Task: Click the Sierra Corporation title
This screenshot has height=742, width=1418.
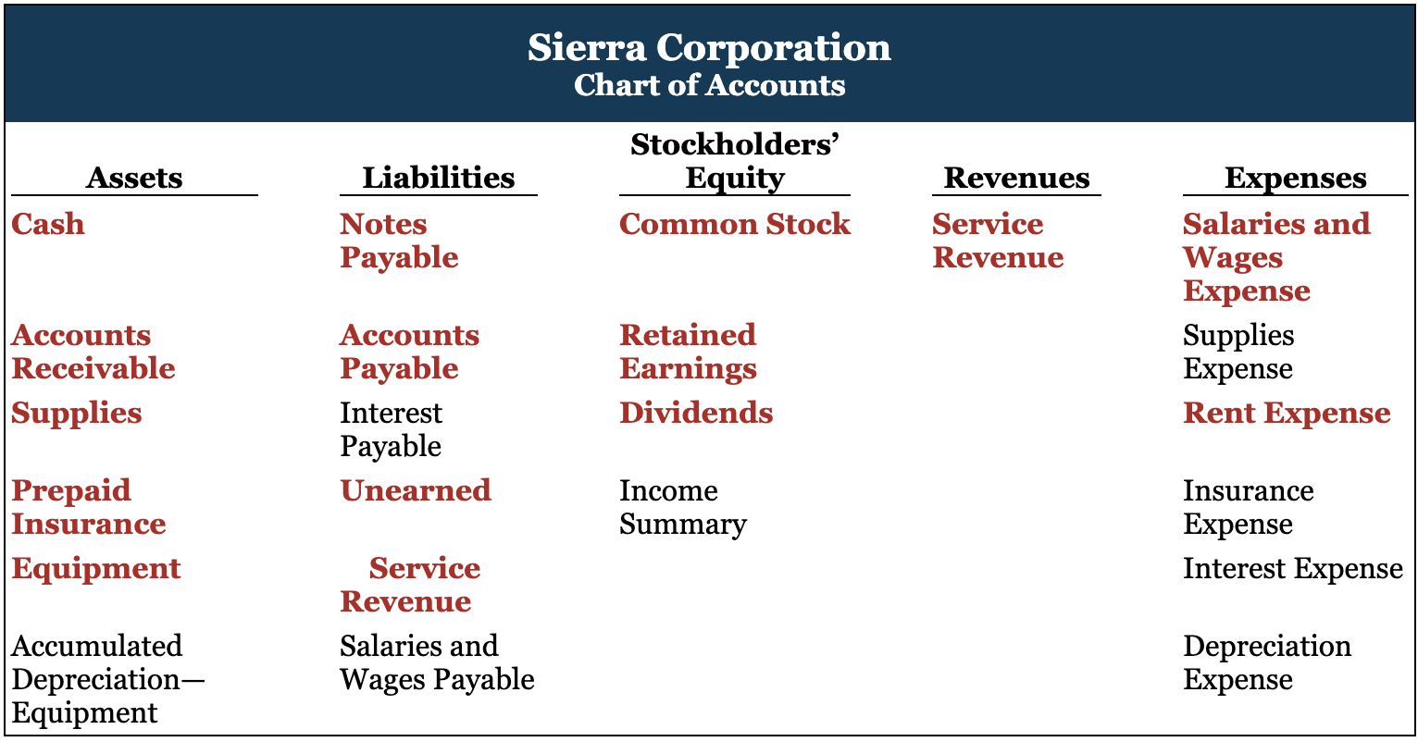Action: click(x=709, y=47)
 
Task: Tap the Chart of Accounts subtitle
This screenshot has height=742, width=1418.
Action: click(x=709, y=85)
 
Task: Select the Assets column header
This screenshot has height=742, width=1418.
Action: click(x=134, y=178)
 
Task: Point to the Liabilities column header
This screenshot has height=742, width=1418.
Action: click(x=438, y=178)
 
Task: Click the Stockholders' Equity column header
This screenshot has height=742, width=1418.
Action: click(x=734, y=161)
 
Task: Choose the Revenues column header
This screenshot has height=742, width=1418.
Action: click(x=1016, y=178)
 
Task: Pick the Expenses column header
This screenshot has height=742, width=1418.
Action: click(x=1295, y=179)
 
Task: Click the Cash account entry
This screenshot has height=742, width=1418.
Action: click(x=48, y=224)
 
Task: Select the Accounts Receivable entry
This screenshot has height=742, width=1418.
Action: click(x=93, y=352)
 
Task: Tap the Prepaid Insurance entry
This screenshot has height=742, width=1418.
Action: click(x=89, y=507)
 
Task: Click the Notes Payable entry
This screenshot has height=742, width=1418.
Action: click(x=399, y=241)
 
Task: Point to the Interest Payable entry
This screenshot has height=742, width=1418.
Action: click(x=391, y=429)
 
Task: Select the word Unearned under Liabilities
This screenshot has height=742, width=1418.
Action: click(x=416, y=491)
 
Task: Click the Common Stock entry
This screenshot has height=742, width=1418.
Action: click(x=734, y=224)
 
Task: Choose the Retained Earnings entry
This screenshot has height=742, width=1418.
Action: click(x=688, y=352)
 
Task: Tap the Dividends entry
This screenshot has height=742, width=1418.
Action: click(x=696, y=413)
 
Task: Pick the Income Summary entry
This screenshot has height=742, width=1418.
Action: click(x=682, y=507)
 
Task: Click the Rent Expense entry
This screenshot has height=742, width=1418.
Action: click(x=1287, y=414)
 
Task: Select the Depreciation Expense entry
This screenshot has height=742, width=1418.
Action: click(x=1267, y=663)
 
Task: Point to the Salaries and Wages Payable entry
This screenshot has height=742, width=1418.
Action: click(x=437, y=663)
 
